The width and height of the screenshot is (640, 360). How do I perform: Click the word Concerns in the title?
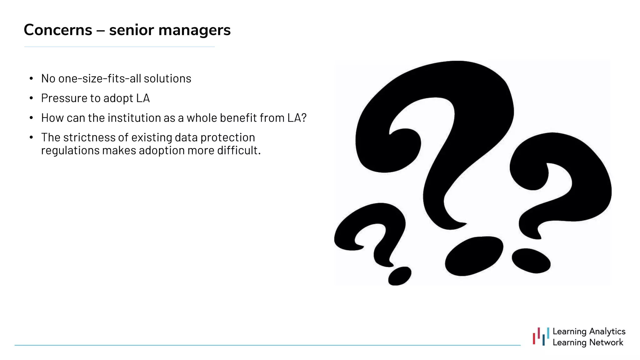(58, 30)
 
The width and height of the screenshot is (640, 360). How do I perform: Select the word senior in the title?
(132, 30)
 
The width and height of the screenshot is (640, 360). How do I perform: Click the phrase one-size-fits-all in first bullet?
(99, 78)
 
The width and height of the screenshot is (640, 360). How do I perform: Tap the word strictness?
(89, 137)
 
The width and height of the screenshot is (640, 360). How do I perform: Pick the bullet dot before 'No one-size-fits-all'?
(31, 78)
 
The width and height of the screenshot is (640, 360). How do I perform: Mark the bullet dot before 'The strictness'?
(31, 137)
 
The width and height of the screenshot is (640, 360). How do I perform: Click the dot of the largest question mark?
(473, 256)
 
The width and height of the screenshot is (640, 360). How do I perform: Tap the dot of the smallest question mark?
(399, 276)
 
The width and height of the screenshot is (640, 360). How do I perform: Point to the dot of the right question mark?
(531, 260)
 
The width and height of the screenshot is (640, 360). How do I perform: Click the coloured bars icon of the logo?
(541, 337)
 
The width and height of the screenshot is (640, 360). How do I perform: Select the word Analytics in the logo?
(607, 331)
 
